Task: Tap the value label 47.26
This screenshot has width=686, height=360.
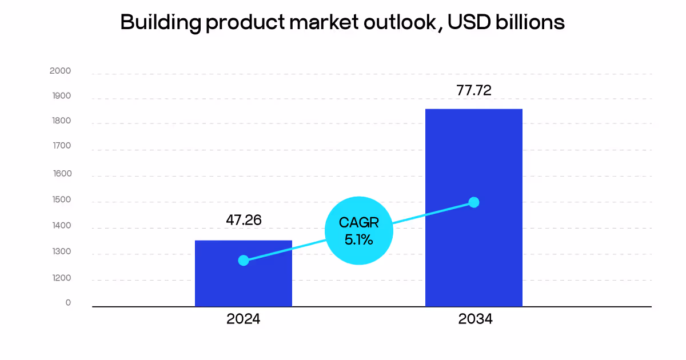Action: (244, 220)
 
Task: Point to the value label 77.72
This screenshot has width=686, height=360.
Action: (474, 90)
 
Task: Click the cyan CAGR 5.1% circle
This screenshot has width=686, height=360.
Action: (359, 231)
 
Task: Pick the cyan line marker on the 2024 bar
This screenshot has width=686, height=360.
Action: (244, 261)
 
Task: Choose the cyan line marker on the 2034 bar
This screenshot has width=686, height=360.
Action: (473, 202)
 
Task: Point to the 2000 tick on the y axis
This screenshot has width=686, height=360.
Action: (61, 71)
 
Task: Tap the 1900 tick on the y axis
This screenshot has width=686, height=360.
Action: (61, 96)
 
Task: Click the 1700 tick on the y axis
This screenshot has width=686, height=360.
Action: (61, 146)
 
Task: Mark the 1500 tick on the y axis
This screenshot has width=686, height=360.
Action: (61, 200)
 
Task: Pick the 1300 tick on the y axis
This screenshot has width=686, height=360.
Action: (61, 252)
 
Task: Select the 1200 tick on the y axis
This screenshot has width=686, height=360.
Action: (61, 278)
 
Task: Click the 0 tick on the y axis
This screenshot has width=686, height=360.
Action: (68, 303)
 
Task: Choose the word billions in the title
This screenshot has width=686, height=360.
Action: (534, 22)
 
